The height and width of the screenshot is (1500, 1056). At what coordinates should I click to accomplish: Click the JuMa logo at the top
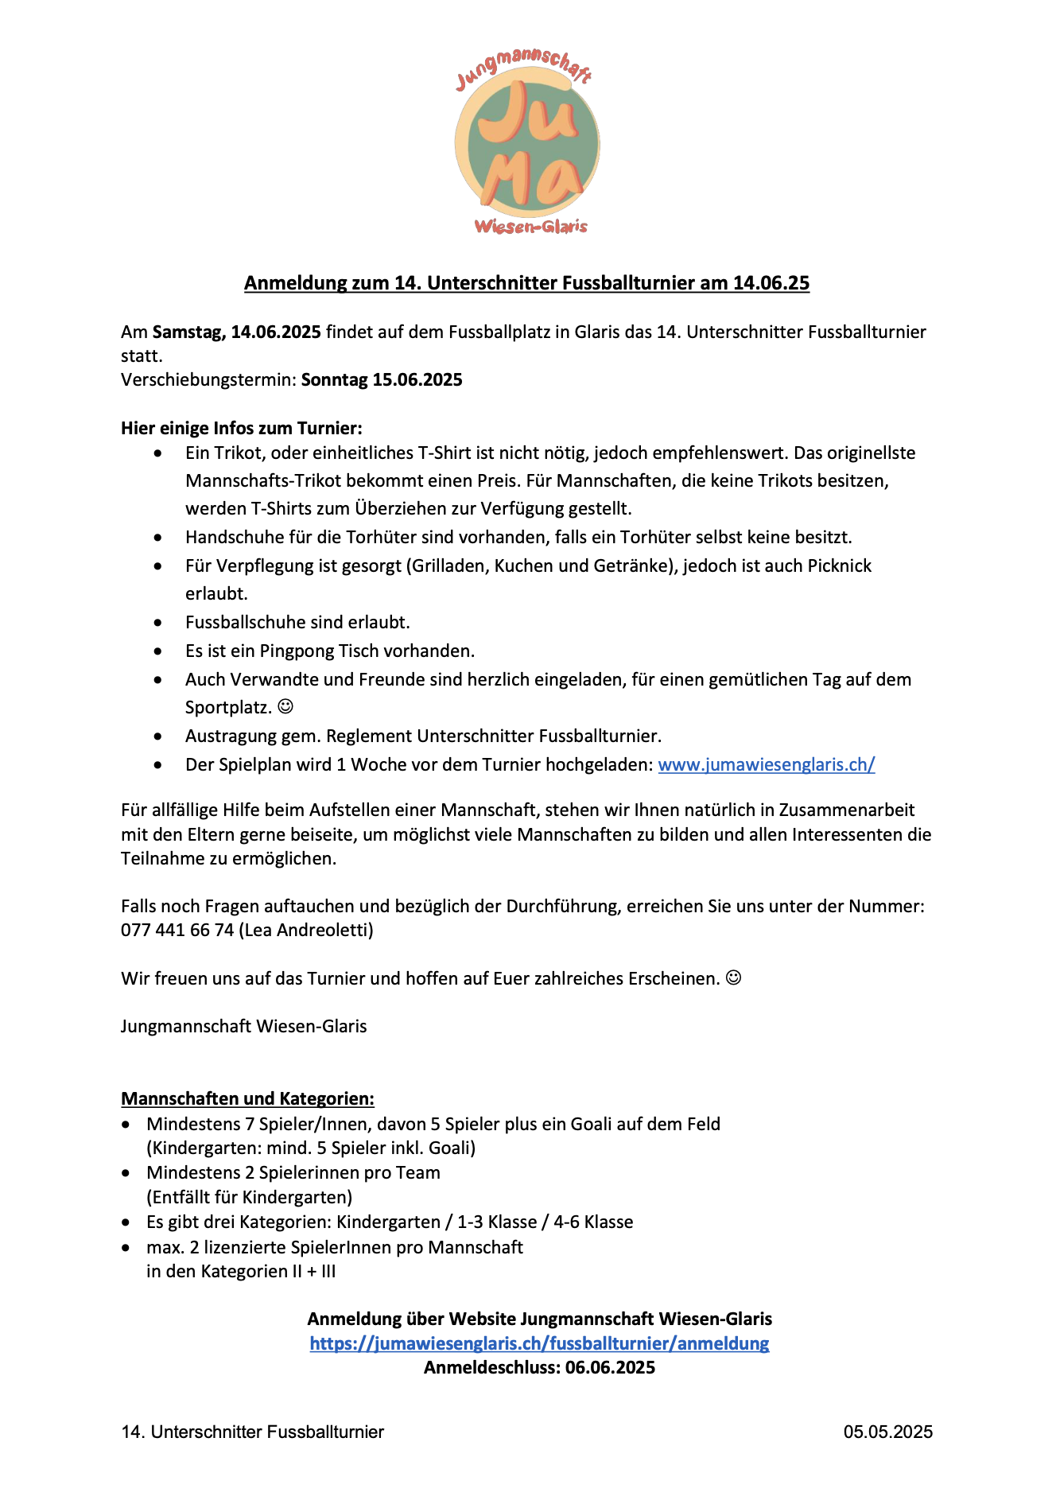(527, 143)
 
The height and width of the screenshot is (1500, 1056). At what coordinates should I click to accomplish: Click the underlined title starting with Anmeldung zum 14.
(526, 283)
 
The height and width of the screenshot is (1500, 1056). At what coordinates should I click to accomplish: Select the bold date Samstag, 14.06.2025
(237, 332)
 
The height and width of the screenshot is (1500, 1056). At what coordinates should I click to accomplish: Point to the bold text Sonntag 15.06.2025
(382, 379)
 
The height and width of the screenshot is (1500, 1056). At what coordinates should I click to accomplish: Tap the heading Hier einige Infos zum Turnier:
(242, 428)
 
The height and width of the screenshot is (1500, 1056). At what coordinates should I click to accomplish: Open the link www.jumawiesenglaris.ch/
(767, 764)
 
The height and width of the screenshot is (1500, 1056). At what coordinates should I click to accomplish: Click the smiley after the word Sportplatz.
(285, 706)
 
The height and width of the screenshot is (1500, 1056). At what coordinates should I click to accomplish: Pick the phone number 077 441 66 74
(177, 930)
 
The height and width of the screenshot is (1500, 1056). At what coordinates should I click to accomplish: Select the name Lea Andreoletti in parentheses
(306, 930)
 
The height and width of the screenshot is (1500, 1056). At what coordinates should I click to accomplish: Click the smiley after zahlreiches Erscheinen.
(734, 977)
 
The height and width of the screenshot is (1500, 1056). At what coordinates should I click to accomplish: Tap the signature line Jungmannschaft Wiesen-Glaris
(244, 1026)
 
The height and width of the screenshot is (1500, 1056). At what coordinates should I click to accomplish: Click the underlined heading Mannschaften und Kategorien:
(247, 1098)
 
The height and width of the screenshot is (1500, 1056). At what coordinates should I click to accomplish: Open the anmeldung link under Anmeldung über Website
(539, 1343)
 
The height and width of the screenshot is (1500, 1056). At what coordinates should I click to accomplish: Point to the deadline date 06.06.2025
(611, 1367)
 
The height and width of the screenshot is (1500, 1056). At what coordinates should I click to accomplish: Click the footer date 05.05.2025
(888, 1432)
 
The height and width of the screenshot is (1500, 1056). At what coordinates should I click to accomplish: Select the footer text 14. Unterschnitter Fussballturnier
(253, 1432)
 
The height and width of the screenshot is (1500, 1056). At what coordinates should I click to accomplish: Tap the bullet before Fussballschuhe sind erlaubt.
(159, 623)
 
